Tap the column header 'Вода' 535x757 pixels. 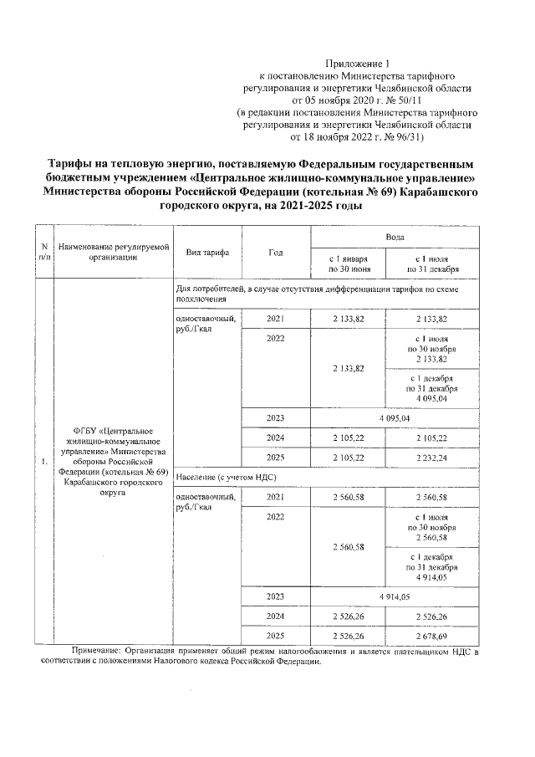pos(395,238)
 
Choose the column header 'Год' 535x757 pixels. pos(275,252)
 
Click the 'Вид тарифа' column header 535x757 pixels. pos(204,252)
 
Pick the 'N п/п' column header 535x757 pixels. pos(43,252)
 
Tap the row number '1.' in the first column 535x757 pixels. pos(43,460)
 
